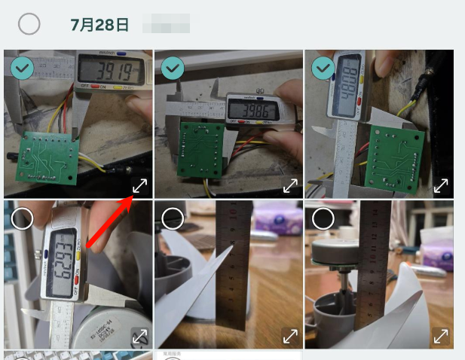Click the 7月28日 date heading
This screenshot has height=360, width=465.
tap(99, 24)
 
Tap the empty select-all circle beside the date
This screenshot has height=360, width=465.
tap(29, 24)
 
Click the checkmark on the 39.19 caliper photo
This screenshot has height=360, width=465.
tap(23, 69)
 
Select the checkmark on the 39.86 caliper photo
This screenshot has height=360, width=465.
tap(173, 69)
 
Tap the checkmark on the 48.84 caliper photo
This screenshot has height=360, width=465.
tap(323, 69)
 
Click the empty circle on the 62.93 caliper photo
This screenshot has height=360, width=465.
tap(23, 219)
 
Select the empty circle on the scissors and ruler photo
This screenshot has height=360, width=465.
tap(173, 219)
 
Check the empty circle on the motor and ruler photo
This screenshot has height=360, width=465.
tap(323, 219)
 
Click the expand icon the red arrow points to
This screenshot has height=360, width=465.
tap(140, 185)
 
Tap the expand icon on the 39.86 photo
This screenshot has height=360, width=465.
tap(290, 185)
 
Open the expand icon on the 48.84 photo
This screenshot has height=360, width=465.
tap(441, 185)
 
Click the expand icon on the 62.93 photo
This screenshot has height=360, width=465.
tap(140, 335)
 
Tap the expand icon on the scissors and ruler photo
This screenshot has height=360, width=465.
tap(290, 335)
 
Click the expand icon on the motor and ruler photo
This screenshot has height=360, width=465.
tap(441, 335)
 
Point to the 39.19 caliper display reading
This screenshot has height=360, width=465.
tap(112, 73)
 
